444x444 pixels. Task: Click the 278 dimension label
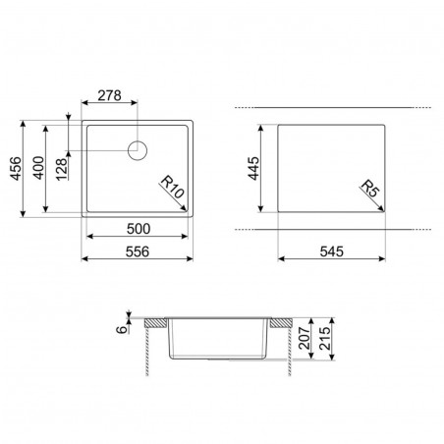109,95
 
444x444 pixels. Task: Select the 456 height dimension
16,169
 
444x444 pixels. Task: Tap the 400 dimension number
38,168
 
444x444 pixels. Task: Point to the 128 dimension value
62,170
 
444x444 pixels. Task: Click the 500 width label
139,229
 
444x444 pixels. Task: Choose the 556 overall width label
138,251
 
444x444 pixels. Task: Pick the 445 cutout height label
253,169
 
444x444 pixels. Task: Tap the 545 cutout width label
332,251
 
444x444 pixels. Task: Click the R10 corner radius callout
172,188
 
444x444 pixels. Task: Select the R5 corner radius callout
370,190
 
